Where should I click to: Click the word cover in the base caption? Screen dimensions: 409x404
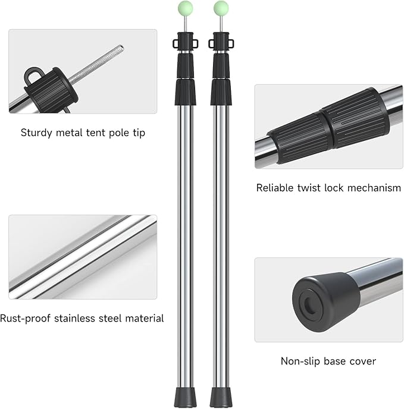pos(363,361)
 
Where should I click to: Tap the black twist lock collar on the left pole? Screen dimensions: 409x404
pos(185,92)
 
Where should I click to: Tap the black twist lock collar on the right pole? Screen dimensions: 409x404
pos(221,92)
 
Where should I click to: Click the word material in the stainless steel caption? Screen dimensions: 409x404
pos(143,319)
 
